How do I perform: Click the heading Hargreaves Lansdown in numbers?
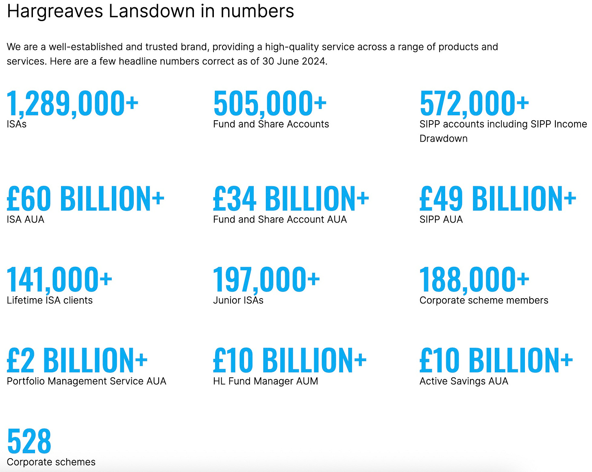click(150, 11)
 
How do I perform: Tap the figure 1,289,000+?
click(72, 104)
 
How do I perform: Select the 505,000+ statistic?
click(270, 104)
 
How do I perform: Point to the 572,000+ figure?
click(474, 104)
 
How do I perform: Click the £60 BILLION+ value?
click(85, 199)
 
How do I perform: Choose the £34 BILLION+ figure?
click(291, 199)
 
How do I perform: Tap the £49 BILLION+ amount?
click(498, 199)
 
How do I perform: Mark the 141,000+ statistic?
click(59, 279)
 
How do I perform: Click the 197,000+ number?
click(266, 279)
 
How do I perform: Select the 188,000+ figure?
click(474, 279)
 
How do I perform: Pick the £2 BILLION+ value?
click(77, 360)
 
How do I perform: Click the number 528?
click(29, 441)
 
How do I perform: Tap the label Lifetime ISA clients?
click(50, 300)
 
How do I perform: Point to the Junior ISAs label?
click(238, 300)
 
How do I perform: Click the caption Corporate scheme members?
click(484, 300)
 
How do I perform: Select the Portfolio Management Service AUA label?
click(87, 381)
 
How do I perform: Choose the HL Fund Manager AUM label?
click(266, 381)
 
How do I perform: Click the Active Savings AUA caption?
click(464, 381)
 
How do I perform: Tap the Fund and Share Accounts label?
click(271, 124)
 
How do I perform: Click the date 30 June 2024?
click(294, 61)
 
